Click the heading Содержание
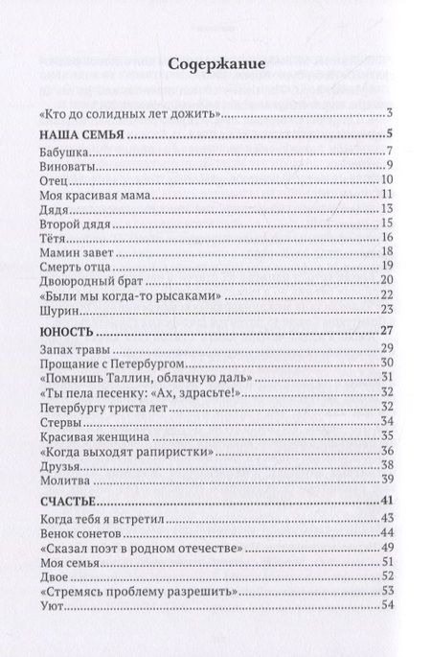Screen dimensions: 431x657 pyautogui.click(x=215, y=64)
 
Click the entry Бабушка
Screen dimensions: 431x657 pyautogui.click(x=65, y=153)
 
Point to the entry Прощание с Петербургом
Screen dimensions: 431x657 pyautogui.click(x=110, y=365)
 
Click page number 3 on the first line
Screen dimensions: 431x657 pyautogui.click(x=380, y=113)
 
